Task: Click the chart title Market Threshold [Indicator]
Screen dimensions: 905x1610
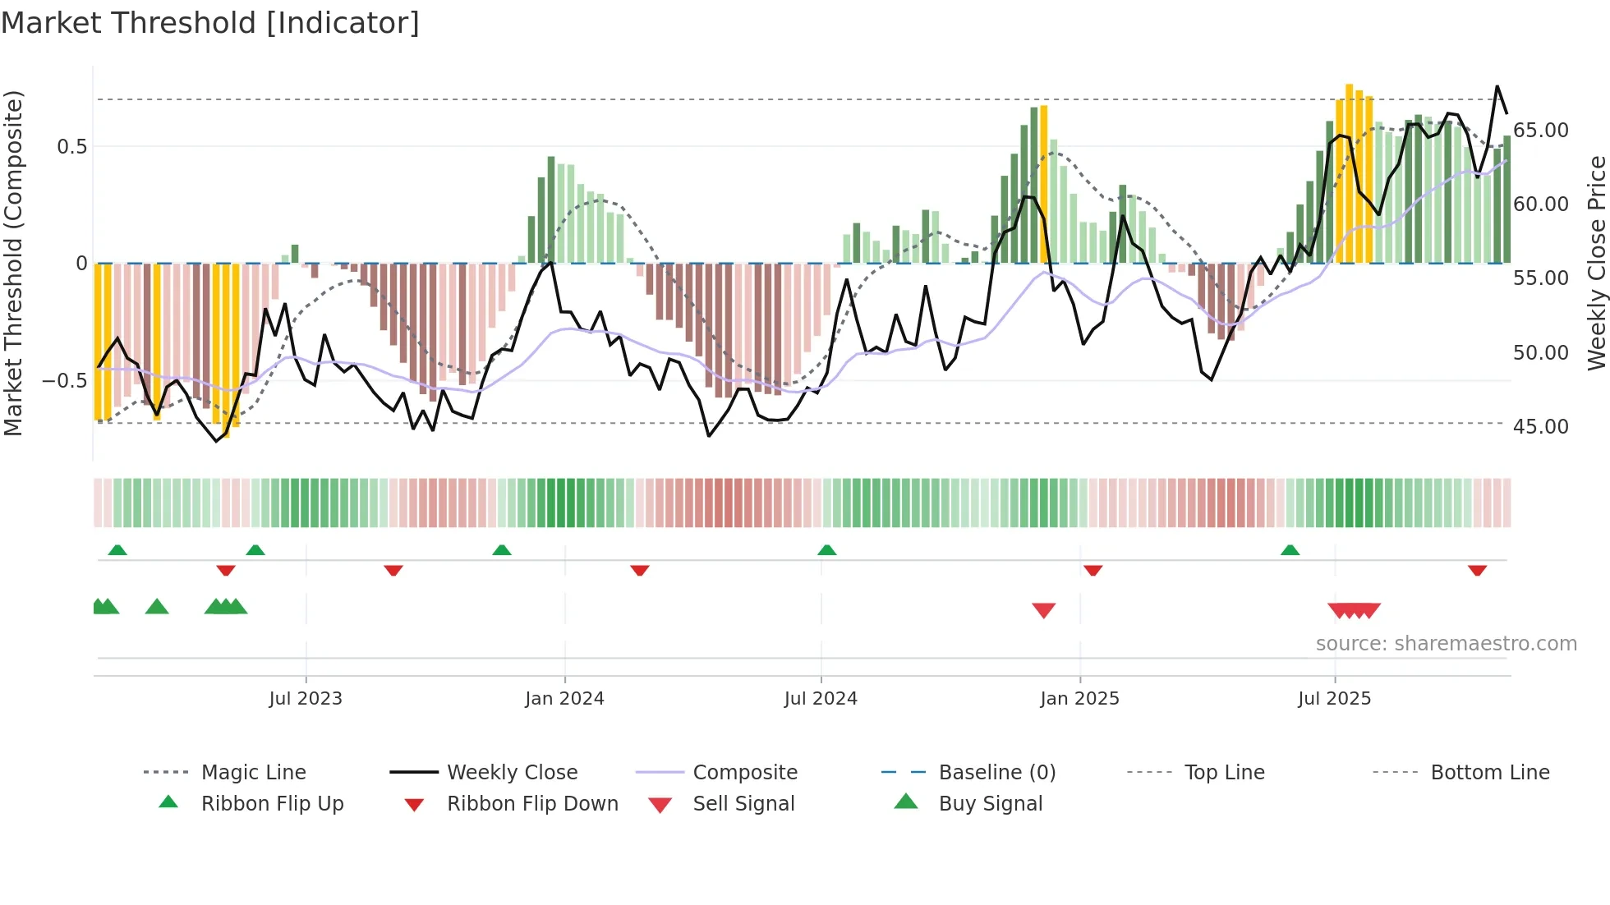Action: click(x=210, y=23)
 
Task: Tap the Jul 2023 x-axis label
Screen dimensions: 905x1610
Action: click(x=306, y=699)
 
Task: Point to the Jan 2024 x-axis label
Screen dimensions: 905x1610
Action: click(x=564, y=699)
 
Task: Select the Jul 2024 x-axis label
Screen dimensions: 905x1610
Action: click(x=821, y=699)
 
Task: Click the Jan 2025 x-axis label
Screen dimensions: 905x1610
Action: click(x=1079, y=699)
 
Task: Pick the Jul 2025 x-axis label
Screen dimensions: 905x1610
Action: click(x=1335, y=699)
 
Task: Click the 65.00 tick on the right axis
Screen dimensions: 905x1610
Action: click(x=1541, y=131)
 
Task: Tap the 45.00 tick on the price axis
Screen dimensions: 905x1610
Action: click(x=1541, y=427)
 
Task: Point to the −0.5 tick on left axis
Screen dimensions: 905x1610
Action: click(x=65, y=381)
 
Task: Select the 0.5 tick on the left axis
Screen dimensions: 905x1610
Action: click(x=71, y=147)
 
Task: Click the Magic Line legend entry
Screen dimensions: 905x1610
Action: click(x=253, y=773)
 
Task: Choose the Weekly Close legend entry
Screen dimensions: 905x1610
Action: click(x=512, y=773)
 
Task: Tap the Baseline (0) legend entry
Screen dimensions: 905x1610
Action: click(x=996, y=773)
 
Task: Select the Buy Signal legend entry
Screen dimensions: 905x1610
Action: click(x=990, y=804)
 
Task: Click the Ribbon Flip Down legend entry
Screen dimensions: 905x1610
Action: click(x=532, y=804)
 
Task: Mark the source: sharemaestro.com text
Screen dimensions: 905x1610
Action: click(x=1446, y=644)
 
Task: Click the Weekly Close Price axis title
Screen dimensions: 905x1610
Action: click(x=1596, y=263)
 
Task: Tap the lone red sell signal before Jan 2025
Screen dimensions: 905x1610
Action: click(x=1043, y=610)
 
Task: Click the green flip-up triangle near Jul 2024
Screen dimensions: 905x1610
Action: click(x=827, y=550)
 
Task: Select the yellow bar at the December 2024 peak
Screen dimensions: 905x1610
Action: click(x=1044, y=184)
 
